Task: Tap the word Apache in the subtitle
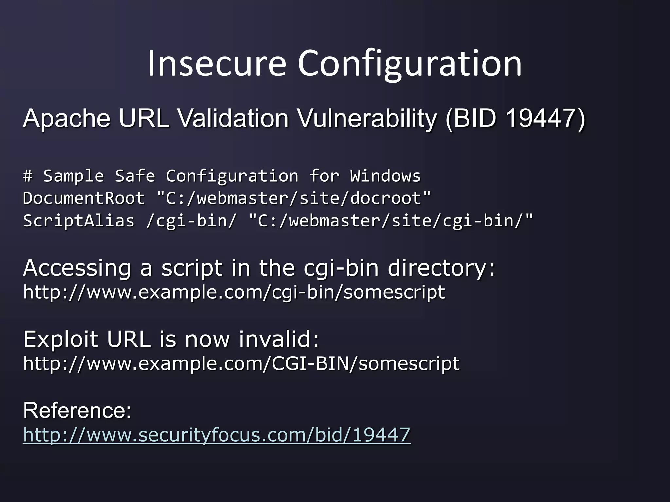(67, 118)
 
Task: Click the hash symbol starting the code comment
(28, 176)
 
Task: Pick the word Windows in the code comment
(385, 176)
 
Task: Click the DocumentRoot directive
(84, 198)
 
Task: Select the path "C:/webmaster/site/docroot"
(294, 198)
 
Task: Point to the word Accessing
(77, 268)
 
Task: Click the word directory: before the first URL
(441, 268)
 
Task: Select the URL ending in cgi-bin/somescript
(234, 292)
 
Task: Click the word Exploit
(61, 339)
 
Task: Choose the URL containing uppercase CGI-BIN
(241, 363)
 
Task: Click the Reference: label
(77, 411)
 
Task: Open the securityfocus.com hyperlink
(216, 435)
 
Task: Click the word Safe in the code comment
(135, 176)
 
